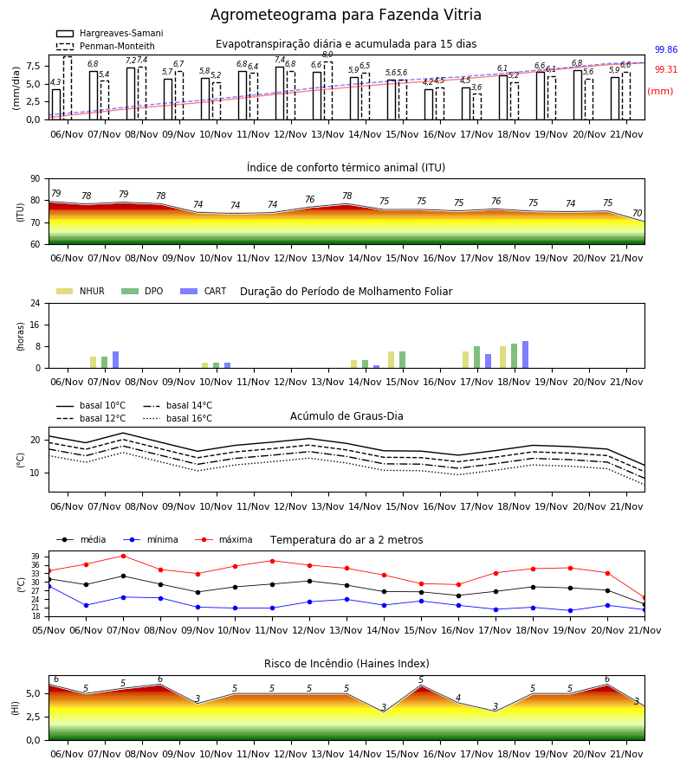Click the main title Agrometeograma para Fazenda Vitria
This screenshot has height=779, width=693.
(x=346, y=15)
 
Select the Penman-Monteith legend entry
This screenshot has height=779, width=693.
(x=106, y=46)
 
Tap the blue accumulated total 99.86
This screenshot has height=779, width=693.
(x=666, y=49)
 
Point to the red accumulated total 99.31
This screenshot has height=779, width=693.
(x=666, y=69)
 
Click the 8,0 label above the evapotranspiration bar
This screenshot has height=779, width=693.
(x=327, y=55)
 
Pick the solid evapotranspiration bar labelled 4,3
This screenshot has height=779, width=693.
(x=56, y=105)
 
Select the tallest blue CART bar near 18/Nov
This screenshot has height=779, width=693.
(x=526, y=355)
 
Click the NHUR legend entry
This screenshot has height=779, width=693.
(x=81, y=291)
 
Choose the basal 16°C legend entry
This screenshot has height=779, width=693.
(x=178, y=418)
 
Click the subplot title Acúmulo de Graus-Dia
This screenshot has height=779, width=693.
(x=346, y=416)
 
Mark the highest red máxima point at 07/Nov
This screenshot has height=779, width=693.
(x=123, y=556)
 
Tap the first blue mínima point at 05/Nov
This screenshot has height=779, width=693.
(x=49, y=586)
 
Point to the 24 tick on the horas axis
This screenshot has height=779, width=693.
(x=36, y=303)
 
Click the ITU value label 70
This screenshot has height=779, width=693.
(x=637, y=213)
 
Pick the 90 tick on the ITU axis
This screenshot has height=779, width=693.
(x=36, y=179)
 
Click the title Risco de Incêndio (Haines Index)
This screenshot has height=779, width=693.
(x=346, y=664)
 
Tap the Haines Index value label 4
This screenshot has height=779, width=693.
(x=458, y=698)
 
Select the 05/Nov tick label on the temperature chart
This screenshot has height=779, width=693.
(x=49, y=630)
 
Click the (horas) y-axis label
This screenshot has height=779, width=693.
(x=21, y=337)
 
